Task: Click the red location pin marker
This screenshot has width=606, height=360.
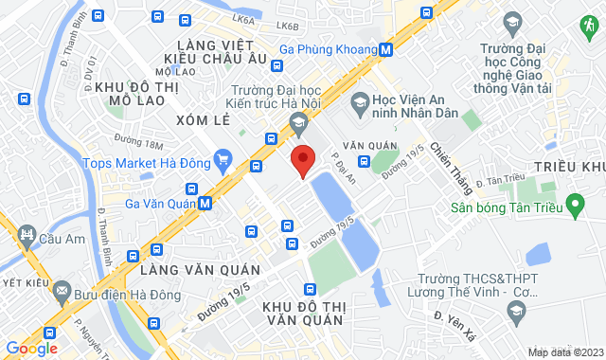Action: click(x=302, y=160)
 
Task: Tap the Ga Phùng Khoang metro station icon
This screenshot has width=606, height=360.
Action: click(x=386, y=49)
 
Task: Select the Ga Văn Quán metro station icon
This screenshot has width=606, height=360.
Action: click(x=205, y=202)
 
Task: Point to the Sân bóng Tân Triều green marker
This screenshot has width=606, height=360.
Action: click(x=573, y=206)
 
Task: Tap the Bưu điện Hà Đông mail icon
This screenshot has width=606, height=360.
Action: click(x=62, y=288)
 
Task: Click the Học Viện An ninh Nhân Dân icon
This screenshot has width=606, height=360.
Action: click(x=360, y=100)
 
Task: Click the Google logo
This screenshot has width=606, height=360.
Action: click(x=31, y=348)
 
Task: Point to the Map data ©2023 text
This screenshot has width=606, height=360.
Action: click(x=563, y=352)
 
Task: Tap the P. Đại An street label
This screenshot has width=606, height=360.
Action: click(x=343, y=168)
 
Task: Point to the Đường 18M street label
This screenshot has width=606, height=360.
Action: click(x=139, y=143)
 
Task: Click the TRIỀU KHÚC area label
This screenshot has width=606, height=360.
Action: click(x=568, y=167)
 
